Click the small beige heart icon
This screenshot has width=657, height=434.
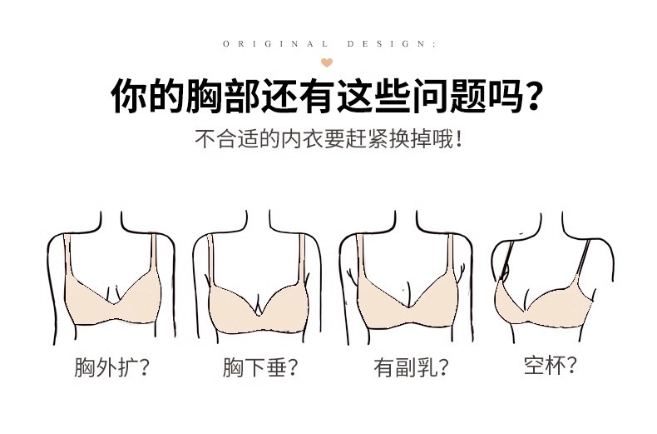click(x=327, y=62)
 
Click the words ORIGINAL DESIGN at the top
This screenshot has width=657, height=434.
click(x=329, y=43)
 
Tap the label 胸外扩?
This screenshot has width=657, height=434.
click(x=112, y=367)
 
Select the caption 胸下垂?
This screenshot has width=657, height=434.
click(x=260, y=367)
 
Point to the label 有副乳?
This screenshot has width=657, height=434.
click(x=411, y=367)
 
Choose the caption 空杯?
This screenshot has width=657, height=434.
click(x=551, y=365)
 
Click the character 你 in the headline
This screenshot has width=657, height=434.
click(x=129, y=96)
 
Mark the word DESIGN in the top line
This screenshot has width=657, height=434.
click(x=392, y=43)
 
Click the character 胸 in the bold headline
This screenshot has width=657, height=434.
click(x=203, y=96)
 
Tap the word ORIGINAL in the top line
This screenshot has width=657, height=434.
click(x=275, y=43)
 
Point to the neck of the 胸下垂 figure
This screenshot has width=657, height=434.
click(x=259, y=221)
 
